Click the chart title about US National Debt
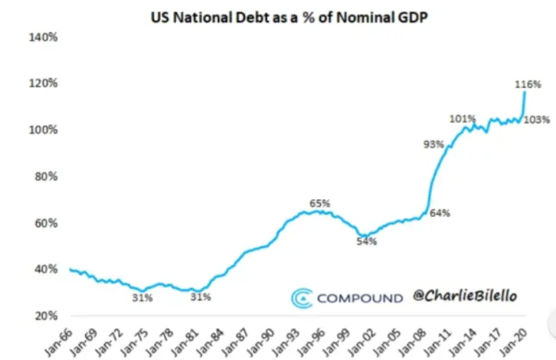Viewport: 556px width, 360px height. tap(289, 18)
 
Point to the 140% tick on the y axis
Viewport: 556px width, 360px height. tap(43, 37)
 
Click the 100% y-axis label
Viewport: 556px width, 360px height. tap(43, 129)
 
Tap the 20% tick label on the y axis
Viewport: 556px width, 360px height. tap(46, 316)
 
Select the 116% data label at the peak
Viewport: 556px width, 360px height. tap(528, 84)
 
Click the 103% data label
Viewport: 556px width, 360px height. tap(537, 120)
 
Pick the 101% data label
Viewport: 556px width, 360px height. tap(463, 119)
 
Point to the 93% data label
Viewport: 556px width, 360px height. tap(433, 144)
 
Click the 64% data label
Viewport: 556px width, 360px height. tap(440, 213)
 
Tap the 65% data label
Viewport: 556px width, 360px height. tap(320, 203)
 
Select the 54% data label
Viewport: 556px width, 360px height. tap(367, 241)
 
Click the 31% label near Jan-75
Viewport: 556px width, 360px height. tap(142, 298)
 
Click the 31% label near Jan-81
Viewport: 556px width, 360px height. tap(201, 297)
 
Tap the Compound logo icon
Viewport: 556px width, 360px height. tap(302, 298)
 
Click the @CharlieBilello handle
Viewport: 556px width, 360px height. tap(465, 296)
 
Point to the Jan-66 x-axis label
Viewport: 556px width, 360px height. tap(59, 342)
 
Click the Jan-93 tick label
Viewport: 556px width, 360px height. tap(286, 342)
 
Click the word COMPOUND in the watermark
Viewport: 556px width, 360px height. tap(360, 298)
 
